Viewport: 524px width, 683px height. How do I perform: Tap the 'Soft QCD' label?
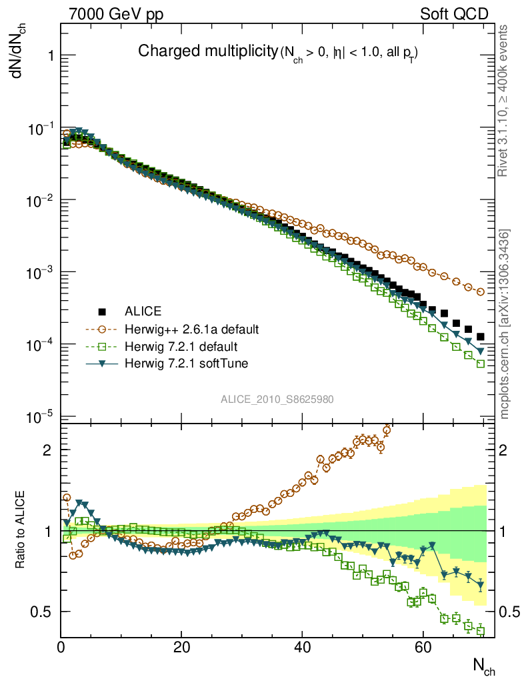[x=454, y=14]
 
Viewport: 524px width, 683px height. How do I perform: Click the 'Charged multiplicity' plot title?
[x=207, y=51]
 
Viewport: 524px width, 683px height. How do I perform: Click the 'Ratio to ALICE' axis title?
[x=21, y=530]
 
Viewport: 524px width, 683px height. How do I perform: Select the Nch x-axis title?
[x=484, y=666]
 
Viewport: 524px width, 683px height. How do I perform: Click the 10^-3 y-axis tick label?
[x=40, y=273]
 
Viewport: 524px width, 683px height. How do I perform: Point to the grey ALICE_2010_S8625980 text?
[x=277, y=400]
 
